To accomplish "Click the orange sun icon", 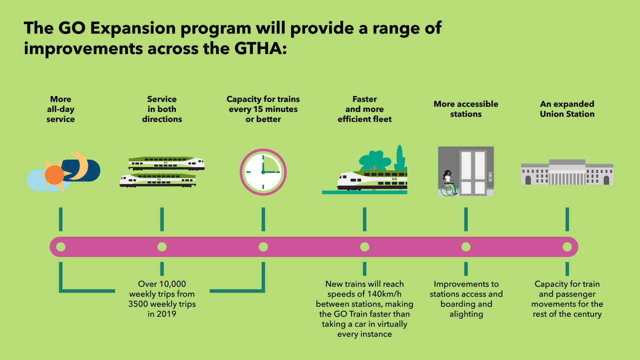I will coord(54,175).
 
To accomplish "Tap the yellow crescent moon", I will coord(78,165).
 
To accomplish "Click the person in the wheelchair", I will coord(447,183).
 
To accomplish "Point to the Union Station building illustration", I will coord(567,172).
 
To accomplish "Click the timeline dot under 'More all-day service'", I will coord(61,246).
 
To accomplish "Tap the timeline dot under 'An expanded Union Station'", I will coord(567,246).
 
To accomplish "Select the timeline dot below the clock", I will coord(263,246).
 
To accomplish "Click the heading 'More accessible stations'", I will coord(465,109).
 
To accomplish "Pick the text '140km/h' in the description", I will coord(379,294).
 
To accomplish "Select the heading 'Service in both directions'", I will coord(162,109).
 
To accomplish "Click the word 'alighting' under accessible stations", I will coord(466,314).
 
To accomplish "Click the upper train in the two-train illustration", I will coord(166,163).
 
